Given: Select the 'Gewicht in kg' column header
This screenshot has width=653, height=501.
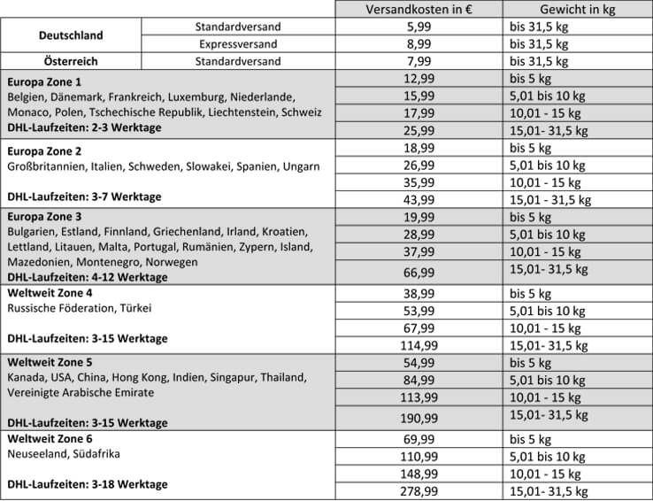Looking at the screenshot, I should pos(552,10).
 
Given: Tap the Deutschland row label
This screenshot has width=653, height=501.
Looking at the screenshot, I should pos(71,36).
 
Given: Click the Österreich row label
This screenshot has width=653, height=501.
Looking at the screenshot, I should pos(71,62).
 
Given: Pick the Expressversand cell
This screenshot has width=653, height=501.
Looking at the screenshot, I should pos(237,44).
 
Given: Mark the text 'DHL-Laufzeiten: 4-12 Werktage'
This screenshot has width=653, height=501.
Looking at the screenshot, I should pos(87,277).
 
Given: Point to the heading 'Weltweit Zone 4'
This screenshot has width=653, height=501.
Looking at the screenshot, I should pos(50,293).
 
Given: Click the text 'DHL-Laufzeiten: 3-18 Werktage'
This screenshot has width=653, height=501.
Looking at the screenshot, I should pos(87,484).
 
